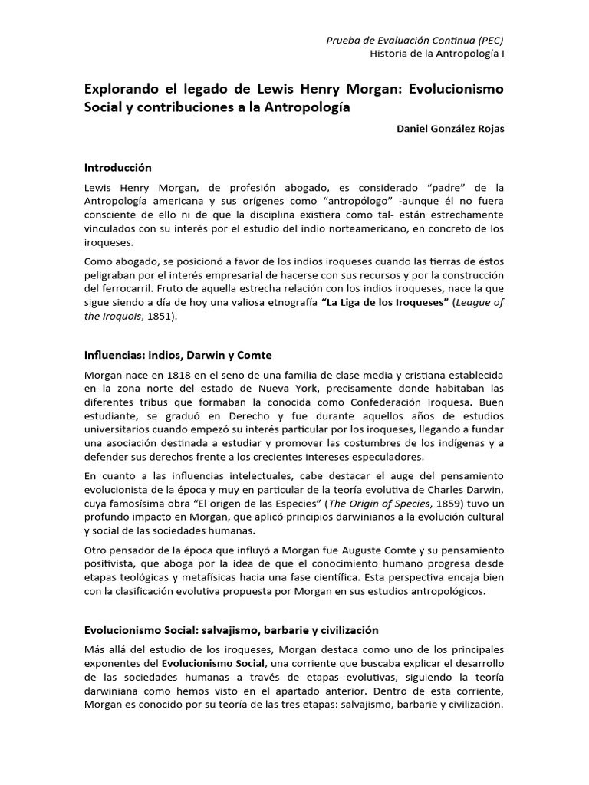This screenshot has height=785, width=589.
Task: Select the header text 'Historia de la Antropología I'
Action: [437, 54]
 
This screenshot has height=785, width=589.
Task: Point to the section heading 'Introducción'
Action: [118, 166]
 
